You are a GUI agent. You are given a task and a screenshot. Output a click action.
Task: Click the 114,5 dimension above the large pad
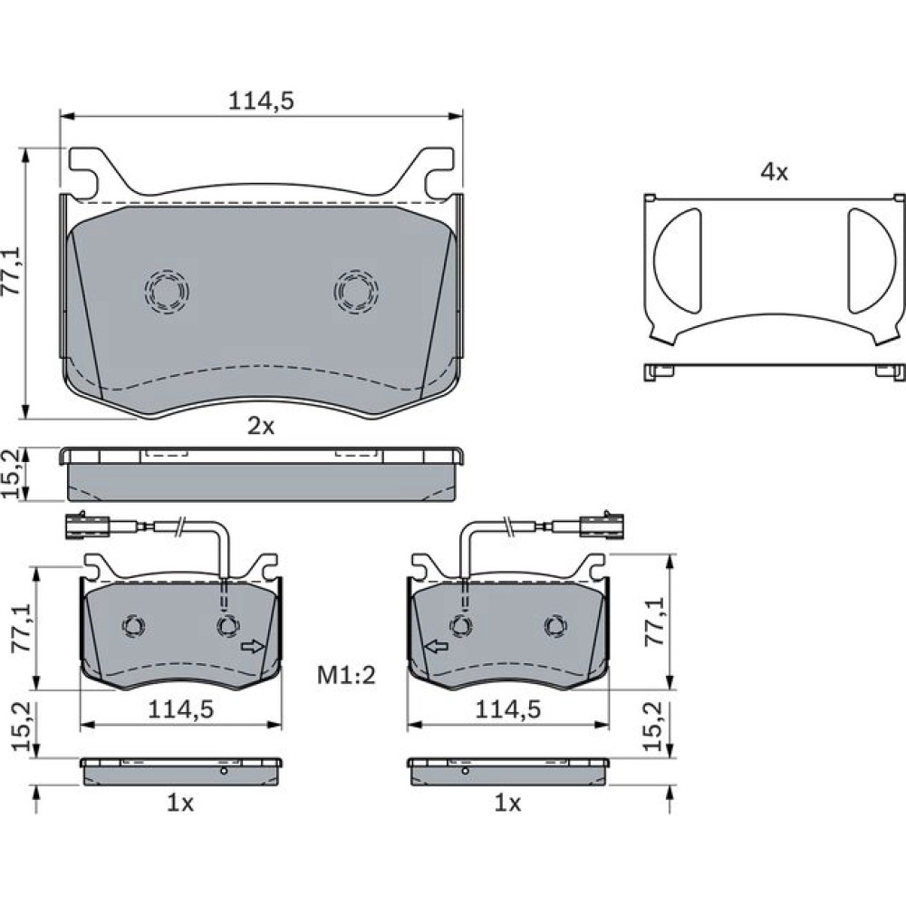(261, 101)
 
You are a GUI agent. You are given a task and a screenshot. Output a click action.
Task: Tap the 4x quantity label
(774, 171)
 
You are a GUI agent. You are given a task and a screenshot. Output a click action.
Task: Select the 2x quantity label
(261, 427)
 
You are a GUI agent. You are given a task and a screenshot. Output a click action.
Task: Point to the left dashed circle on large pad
(167, 292)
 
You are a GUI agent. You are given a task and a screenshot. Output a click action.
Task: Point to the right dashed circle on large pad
(356, 292)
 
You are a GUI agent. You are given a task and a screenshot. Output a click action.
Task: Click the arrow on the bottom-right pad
(437, 647)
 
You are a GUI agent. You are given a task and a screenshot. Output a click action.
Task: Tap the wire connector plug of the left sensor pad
(88, 525)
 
